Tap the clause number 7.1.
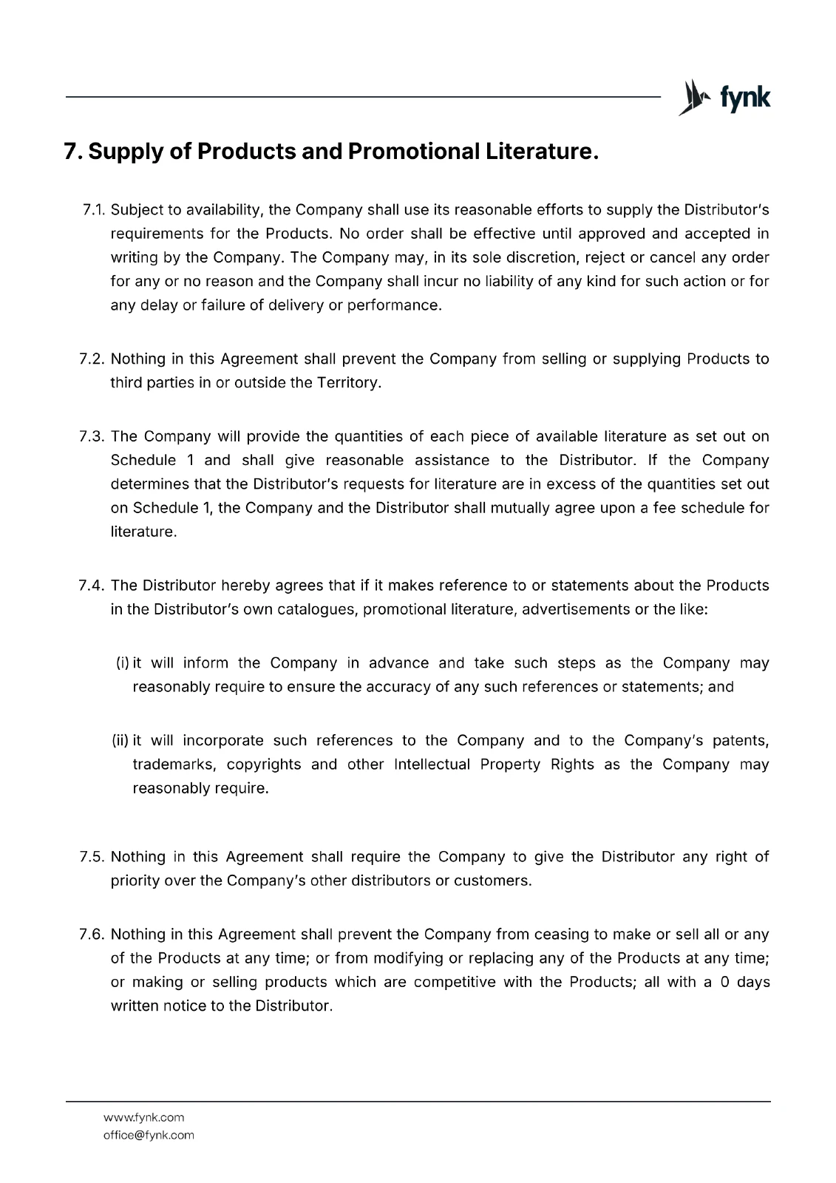[x=94, y=210]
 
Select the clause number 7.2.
[x=93, y=359]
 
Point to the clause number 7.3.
[x=93, y=437]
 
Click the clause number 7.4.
[x=93, y=586]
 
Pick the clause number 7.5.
[x=93, y=857]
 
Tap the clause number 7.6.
[x=93, y=935]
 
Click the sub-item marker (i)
[x=123, y=663]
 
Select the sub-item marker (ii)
[x=120, y=741]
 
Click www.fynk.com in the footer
[x=144, y=1117]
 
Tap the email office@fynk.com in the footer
[x=149, y=1135]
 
